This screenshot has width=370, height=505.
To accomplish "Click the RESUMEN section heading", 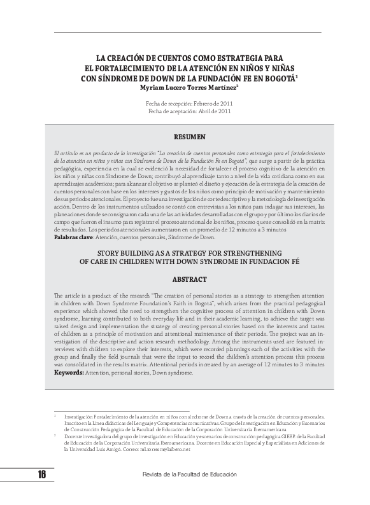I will [x=189, y=137].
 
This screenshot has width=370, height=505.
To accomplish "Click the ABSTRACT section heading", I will [x=189, y=279].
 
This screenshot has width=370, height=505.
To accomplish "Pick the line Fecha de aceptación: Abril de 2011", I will [x=189, y=111].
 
